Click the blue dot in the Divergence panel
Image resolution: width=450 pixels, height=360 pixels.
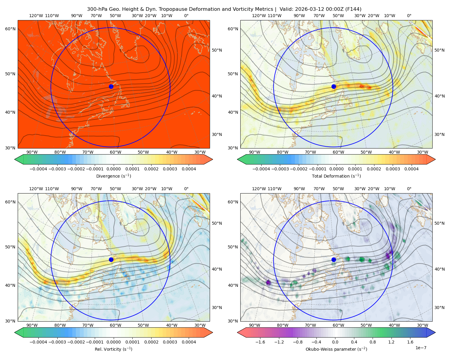[x=111, y=87]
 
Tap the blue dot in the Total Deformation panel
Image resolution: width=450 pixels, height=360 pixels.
[x=334, y=87]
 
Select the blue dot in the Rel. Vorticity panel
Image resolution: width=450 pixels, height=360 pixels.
[x=111, y=259]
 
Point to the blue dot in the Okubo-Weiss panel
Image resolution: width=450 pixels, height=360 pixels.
[x=334, y=259]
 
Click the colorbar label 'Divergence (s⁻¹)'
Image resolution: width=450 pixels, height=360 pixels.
[x=113, y=176]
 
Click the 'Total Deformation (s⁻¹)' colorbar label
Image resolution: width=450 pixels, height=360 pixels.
[x=336, y=176]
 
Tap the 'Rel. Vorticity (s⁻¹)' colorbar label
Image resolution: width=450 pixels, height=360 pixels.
[x=113, y=349]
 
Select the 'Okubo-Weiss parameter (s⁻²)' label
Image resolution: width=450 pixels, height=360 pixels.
[x=336, y=349]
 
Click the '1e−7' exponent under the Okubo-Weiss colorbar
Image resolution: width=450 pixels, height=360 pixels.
[x=421, y=348]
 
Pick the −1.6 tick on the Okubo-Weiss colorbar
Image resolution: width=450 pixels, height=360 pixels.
[x=260, y=342]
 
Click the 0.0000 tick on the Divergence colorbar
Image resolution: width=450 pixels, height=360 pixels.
[x=113, y=169]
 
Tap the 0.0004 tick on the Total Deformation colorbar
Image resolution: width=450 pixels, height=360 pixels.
[x=411, y=169]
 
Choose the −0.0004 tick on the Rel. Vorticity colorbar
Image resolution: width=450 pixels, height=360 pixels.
[x=38, y=342]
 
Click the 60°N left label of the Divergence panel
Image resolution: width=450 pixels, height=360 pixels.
[x=10, y=29]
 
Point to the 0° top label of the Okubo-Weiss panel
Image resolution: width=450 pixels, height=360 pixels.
[x=409, y=189]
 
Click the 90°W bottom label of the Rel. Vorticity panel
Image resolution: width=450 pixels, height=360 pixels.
[x=32, y=325]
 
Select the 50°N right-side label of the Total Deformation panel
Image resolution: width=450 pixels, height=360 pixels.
[x=439, y=50]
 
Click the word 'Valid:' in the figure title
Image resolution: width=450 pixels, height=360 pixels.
[x=286, y=9]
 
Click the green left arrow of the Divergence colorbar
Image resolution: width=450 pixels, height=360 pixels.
[x=19, y=159]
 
